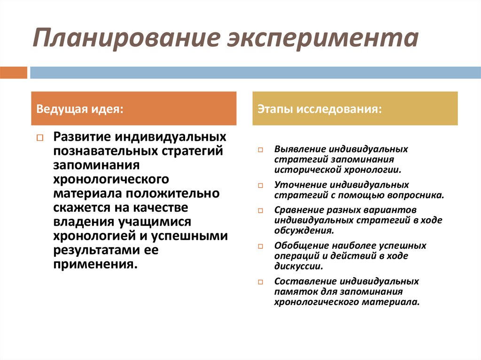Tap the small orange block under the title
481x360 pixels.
click(14, 73)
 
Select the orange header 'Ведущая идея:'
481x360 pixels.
click(133, 108)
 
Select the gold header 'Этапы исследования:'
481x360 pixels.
click(355, 108)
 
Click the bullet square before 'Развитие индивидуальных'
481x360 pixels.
click(40, 138)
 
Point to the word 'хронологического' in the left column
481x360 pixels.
click(111, 180)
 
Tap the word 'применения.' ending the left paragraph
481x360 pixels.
click(96, 264)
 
